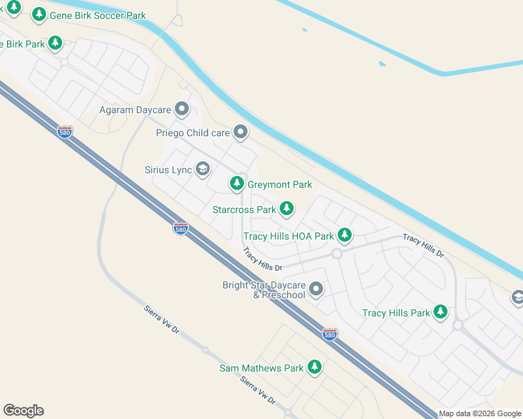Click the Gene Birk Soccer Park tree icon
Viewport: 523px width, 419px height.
pyautogui.click(x=39, y=14)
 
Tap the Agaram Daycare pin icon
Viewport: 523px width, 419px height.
pyautogui.click(x=182, y=110)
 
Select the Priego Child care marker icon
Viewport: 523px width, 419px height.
pyautogui.click(x=241, y=132)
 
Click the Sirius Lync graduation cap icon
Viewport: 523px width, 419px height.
pyautogui.click(x=203, y=169)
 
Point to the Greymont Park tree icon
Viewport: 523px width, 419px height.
pyautogui.click(x=237, y=184)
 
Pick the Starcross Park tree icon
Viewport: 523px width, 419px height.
pyautogui.click(x=286, y=209)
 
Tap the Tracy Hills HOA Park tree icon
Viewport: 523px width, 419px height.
pyautogui.click(x=344, y=235)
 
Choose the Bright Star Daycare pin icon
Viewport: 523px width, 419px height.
pyautogui.click(x=316, y=288)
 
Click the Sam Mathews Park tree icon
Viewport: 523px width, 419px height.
pyautogui.click(x=315, y=367)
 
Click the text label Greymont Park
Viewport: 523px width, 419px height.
pyautogui.click(x=280, y=184)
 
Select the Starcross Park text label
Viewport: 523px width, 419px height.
pyautogui.click(x=244, y=209)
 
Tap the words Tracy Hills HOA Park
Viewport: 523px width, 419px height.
pyautogui.click(x=288, y=236)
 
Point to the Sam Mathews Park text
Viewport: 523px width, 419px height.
pyautogui.click(x=261, y=368)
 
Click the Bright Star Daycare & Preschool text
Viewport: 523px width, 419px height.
pyautogui.click(x=264, y=290)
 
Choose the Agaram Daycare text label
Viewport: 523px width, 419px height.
pyautogui.click(x=135, y=110)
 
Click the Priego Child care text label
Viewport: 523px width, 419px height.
pyautogui.click(x=192, y=133)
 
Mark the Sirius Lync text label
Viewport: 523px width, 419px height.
pyautogui.click(x=168, y=170)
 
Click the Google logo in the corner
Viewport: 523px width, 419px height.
pyautogui.click(x=23, y=411)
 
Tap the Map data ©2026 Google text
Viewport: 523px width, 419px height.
pyautogui.click(x=480, y=413)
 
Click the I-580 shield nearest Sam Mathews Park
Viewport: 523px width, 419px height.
pyautogui.click(x=330, y=335)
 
